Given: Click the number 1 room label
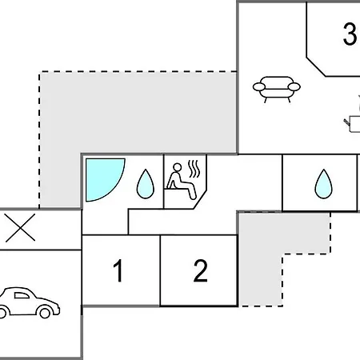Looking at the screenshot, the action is click(x=118, y=270).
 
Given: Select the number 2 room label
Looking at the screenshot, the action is click(x=201, y=270).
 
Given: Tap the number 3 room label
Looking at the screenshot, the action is click(x=350, y=34).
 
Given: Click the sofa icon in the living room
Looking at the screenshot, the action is click(x=277, y=90).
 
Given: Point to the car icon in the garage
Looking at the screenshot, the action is click(x=30, y=302).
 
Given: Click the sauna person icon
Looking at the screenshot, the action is click(x=182, y=181).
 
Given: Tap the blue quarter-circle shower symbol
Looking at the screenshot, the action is click(x=105, y=179).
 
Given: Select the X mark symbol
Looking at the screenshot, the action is click(x=20, y=227).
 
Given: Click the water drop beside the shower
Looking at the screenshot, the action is click(x=146, y=184).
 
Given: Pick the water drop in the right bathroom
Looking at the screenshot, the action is click(x=323, y=184).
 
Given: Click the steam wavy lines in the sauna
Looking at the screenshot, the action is click(x=194, y=169).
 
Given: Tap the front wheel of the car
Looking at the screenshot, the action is click(x=45, y=312).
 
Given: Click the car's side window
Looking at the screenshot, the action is click(x=22, y=295).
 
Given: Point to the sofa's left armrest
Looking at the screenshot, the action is click(x=259, y=87).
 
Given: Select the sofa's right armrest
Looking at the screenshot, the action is click(x=294, y=87).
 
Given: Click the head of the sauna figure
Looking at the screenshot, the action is click(x=177, y=167).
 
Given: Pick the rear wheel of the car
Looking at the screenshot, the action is click(x=2, y=313).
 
